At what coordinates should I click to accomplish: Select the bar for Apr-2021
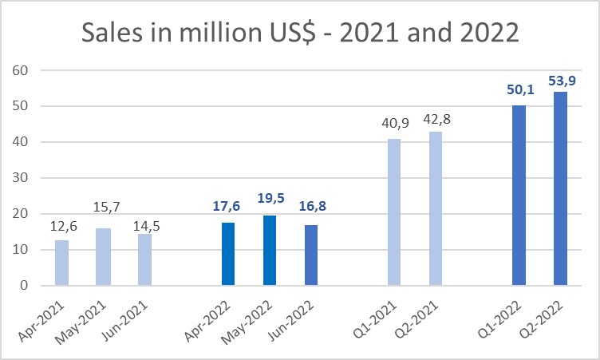pyautogui.click(x=61, y=263)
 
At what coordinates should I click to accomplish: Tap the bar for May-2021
pyautogui.click(x=103, y=257)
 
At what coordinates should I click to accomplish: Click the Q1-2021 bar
pyautogui.click(x=394, y=212)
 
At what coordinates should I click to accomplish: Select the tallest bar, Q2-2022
pyautogui.click(x=560, y=188)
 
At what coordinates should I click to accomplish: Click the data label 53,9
pyautogui.click(x=561, y=81)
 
